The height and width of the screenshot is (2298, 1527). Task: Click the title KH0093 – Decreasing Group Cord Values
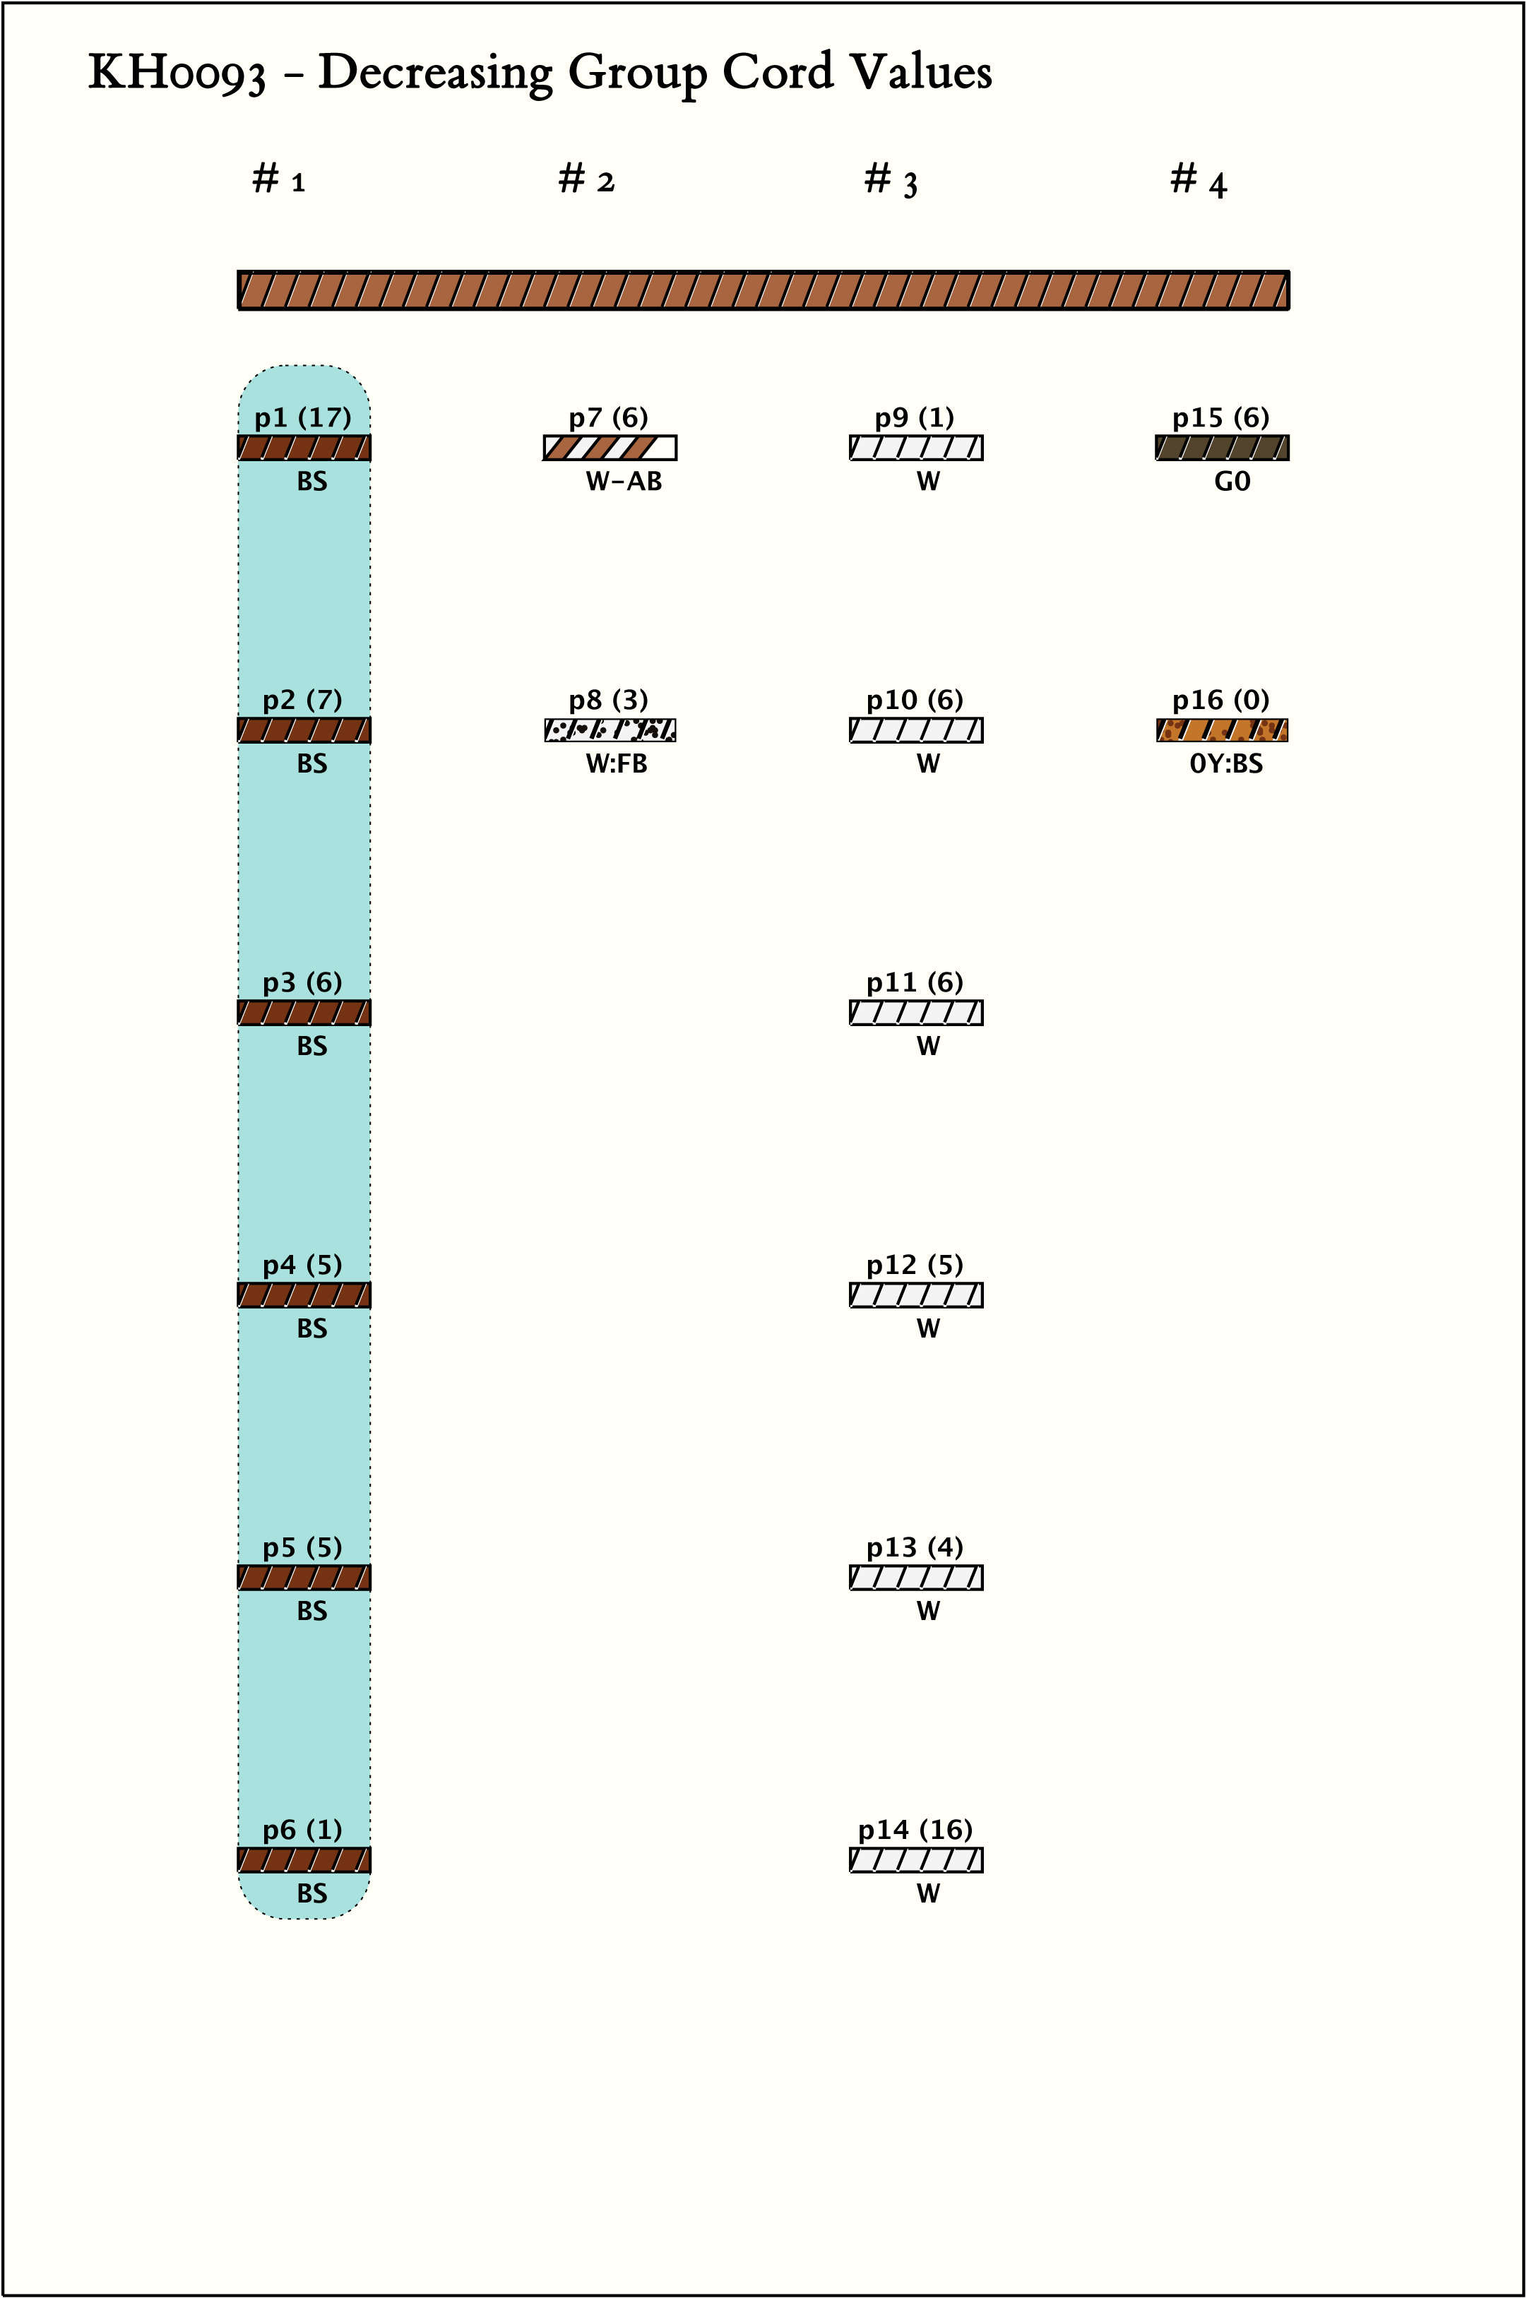coord(540,73)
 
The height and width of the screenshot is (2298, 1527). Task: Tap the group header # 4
coord(1198,181)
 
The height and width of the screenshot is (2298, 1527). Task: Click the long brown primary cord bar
coord(763,290)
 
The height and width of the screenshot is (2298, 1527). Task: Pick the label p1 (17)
coord(303,418)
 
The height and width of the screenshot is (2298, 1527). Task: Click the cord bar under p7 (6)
coord(610,448)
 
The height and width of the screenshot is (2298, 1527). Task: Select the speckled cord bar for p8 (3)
coord(610,730)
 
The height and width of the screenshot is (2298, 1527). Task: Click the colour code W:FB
coord(617,764)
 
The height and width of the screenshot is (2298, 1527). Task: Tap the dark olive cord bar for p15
coord(1222,448)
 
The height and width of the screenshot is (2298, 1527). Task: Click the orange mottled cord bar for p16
coord(1222,730)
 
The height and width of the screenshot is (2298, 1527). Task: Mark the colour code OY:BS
coord(1226,764)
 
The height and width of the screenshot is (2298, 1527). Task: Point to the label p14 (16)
coord(915,1830)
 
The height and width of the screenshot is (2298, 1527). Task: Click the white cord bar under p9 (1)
coord(915,448)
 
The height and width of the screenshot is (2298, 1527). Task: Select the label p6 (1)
coord(303,1830)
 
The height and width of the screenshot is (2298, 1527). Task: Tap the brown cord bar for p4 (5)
coord(304,1295)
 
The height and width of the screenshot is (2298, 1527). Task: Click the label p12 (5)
coord(915,1265)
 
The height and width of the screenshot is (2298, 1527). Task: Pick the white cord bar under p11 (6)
coord(915,1013)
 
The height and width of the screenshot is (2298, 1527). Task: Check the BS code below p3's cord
coord(311,1047)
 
